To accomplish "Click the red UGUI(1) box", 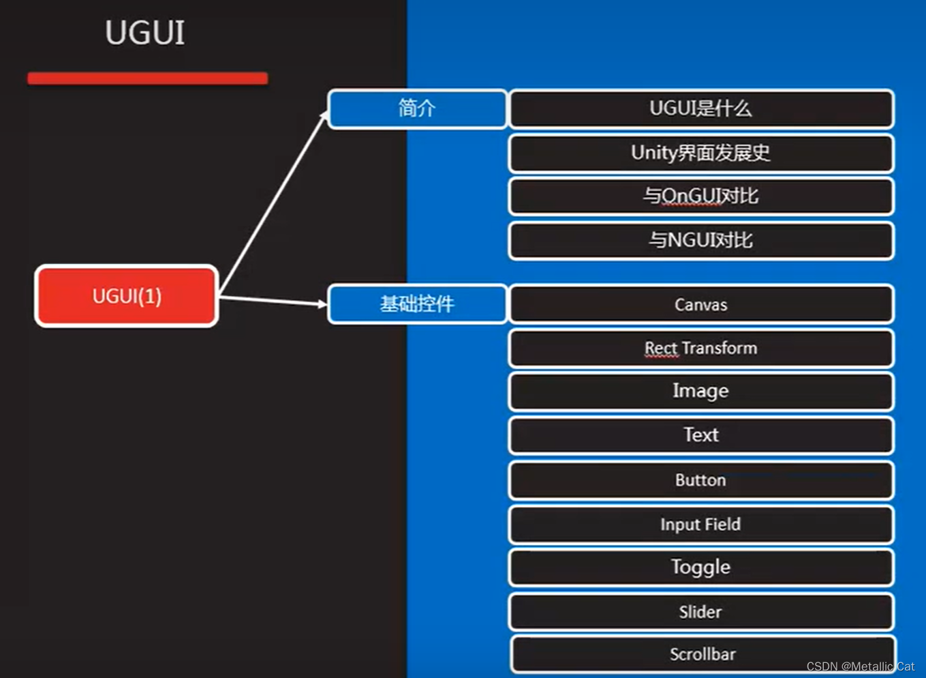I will pyautogui.click(x=127, y=296).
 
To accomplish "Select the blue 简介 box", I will pyautogui.click(x=417, y=108).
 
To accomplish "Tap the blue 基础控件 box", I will pyautogui.click(x=417, y=304).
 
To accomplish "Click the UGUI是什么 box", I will pyautogui.click(x=700, y=109).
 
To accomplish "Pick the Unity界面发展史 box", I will pyautogui.click(x=700, y=153).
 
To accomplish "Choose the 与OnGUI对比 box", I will pyautogui.click(x=700, y=196).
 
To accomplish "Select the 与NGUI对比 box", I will pyautogui.click(x=700, y=240).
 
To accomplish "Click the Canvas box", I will pyautogui.click(x=700, y=304).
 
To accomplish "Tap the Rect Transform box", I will pyautogui.click(x=700, y=348).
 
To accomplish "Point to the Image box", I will pyautogui.click(x=700, y=392).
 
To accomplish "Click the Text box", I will pyautogui.click(x=700, y=435).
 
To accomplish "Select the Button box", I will pyautogui.click(x=700, y=480).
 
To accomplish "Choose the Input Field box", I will pyautogui.click(x=700, y=524).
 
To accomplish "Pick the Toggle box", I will pyautogui.click(x=700, y=568).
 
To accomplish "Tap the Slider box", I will pyautogui.click(x=700, y=612).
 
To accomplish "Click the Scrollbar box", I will pyautogui.click(x=702, y=654).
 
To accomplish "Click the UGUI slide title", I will pyautogui.click(x=144, y=33).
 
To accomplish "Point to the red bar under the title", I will pyautogui.click(x=147, y=78).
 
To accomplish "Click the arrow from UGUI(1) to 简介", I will pyautogui.click(x=273, y=205).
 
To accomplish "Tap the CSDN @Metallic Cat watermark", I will pyautogui.click(x=860, y=666).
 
